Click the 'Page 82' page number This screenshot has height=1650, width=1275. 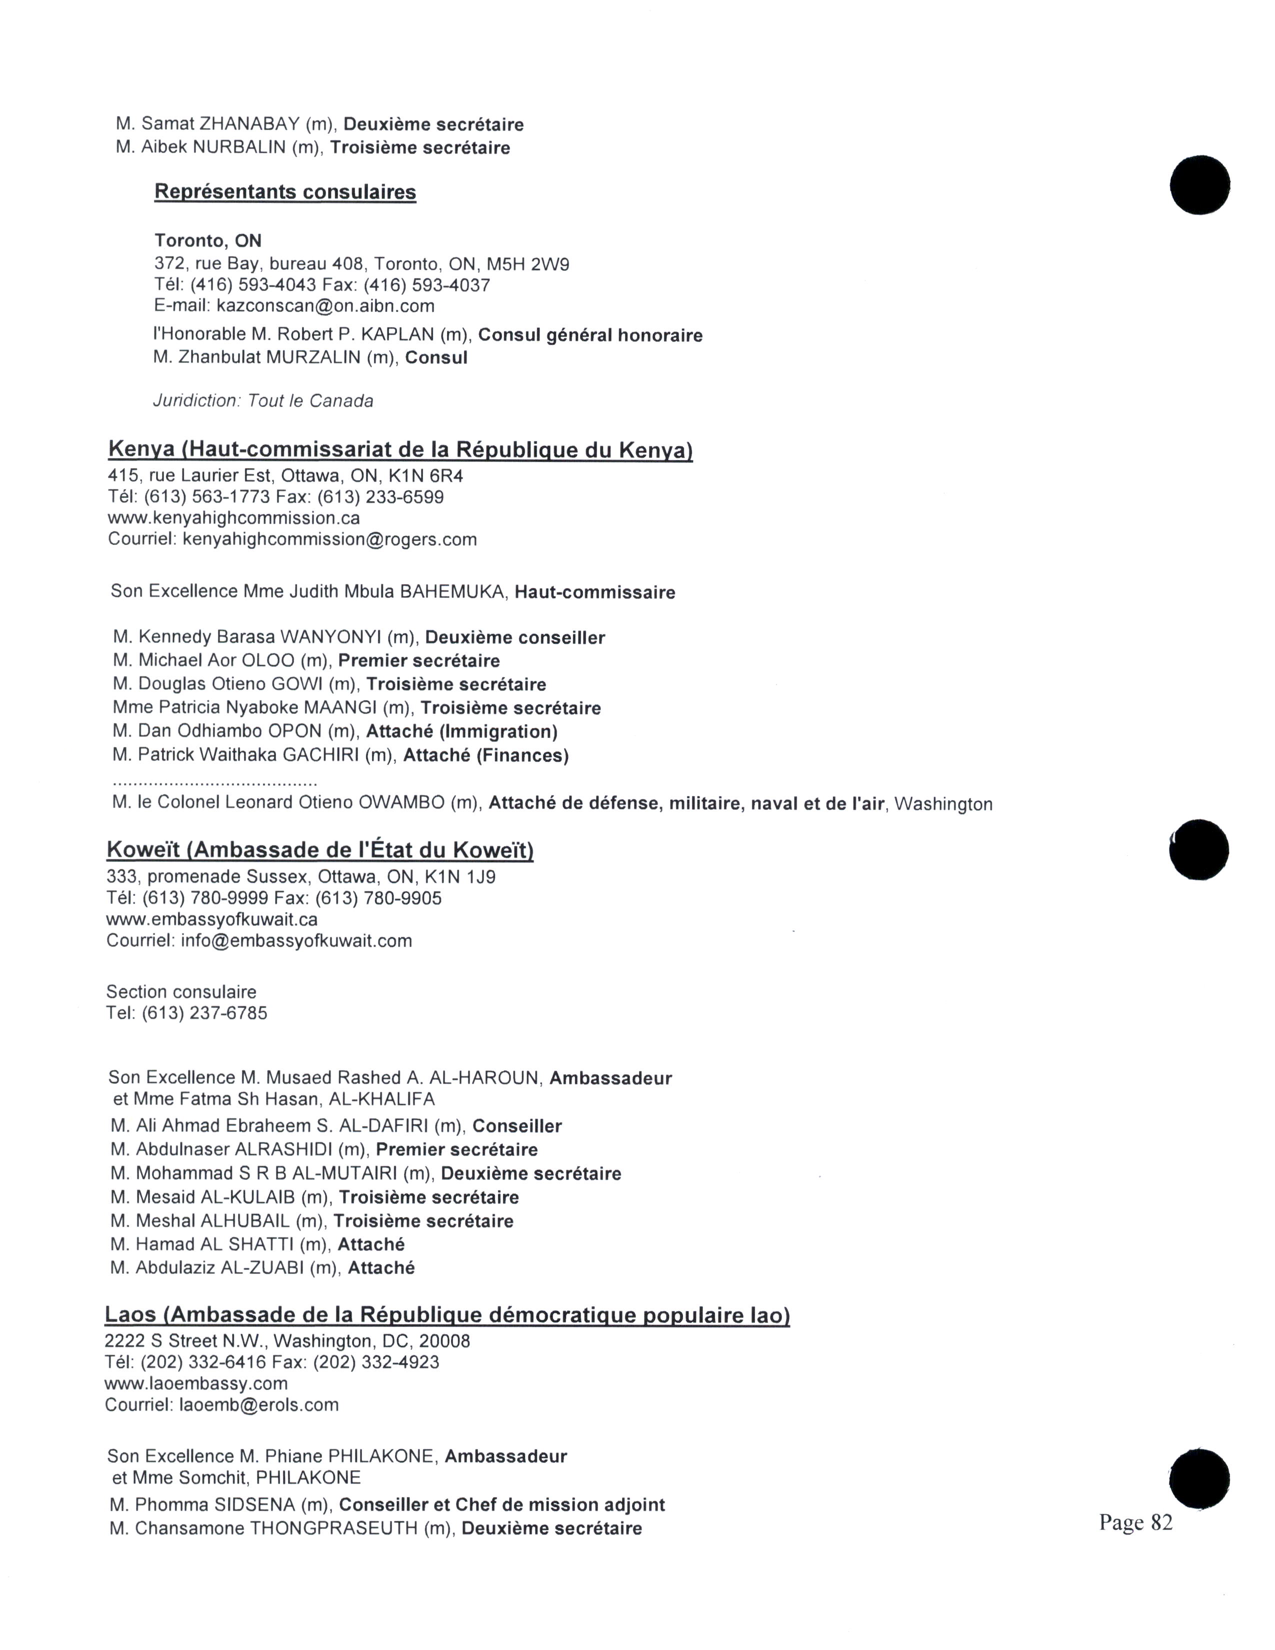coord(1135,1522)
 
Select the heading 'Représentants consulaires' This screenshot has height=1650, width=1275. coord(285,192)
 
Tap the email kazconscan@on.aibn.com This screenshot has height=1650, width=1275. coord(325,306)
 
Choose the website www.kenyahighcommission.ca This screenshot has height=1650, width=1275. coord(233,518)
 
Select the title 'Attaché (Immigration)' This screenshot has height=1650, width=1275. coord(461,731)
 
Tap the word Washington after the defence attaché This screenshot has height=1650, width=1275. coord(943,804)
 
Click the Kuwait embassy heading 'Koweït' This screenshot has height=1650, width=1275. coord(143,850)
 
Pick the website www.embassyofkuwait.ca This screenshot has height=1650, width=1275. coord(211,919)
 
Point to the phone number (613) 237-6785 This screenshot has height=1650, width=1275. coord(204,1012)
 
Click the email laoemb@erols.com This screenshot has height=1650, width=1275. coord(258,1404)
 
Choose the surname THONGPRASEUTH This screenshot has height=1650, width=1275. coord(334,1528)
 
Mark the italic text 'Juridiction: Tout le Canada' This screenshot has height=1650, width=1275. coord(263,400)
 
